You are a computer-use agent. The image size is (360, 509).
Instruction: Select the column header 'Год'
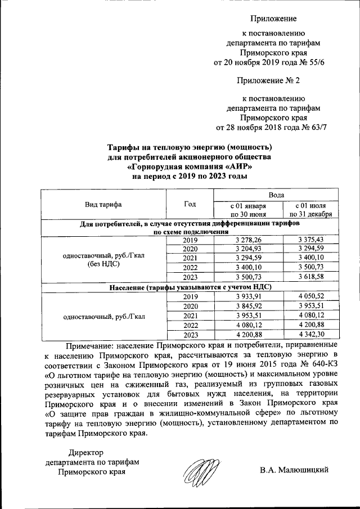coord(190,204)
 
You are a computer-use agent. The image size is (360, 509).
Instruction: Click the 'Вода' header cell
coord(276,194)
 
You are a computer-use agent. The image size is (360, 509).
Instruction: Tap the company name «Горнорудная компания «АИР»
coord(189,167)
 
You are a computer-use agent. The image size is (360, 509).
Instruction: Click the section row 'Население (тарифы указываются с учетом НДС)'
coord(190,287)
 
